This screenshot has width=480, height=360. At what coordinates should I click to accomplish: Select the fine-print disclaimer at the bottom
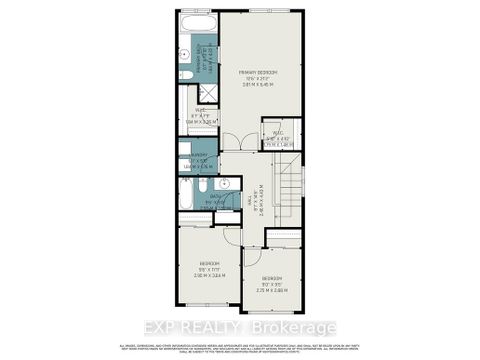click(240, 346)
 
